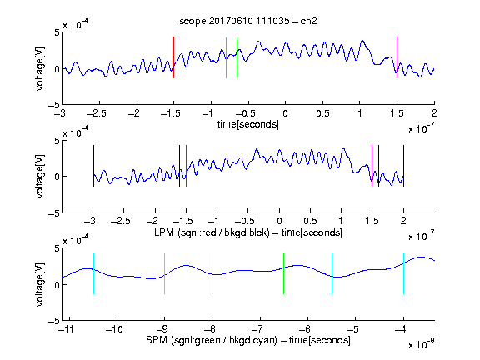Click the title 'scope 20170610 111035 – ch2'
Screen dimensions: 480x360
[x=248, y=21]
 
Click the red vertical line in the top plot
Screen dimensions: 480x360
[x=173, y=57]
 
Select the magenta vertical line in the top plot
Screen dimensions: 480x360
[x=397, y=57]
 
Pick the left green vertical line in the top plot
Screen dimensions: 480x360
[x=226, y=57]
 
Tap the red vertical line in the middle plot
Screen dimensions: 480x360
[x=186, y=166]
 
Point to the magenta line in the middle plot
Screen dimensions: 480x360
[x=372, y=166]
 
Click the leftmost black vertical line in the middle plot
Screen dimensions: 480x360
[x=93, y=166]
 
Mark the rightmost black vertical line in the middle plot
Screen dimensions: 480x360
[x=403, y=166]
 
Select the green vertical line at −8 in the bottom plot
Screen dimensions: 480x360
[x=212, y=273]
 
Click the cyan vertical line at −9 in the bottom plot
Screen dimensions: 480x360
[x=165, y=273]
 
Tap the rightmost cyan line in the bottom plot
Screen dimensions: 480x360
[x=403, y=273]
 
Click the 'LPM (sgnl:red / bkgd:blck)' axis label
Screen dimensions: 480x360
[x=212, y=232]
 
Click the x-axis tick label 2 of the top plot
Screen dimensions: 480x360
[x=434, y=113]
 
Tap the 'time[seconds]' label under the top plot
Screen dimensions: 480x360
[x=248, y=124]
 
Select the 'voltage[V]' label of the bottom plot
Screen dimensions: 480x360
[x=40, y=284]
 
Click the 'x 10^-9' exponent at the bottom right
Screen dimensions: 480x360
[x=421, y=344]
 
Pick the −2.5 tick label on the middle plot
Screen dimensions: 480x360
[x=121, y=221]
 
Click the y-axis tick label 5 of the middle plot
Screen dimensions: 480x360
[x=57, y=141]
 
